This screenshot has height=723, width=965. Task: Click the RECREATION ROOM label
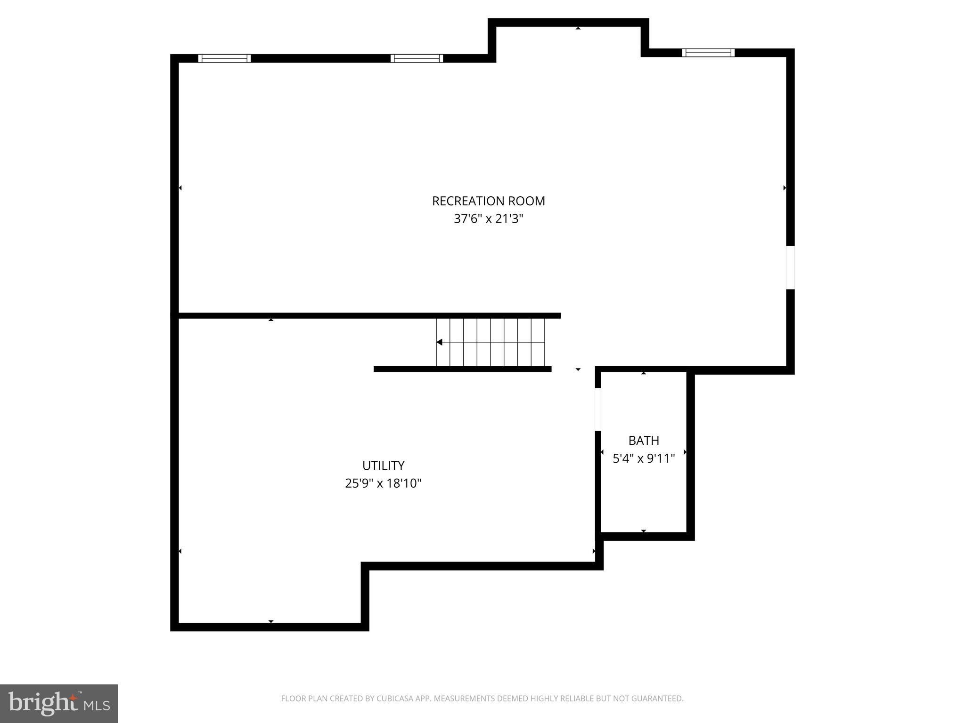[x=488, y=201]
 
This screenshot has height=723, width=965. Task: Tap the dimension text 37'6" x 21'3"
[x=488, y=219]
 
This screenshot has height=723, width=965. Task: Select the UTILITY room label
[x=383, y=466]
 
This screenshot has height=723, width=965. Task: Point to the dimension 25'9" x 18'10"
[x=383, y=483]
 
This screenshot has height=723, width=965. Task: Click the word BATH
[x=644, y=441]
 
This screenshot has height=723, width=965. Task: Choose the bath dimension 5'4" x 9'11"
[x=644, y=458]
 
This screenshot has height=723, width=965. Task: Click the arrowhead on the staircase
[x=439, y=342]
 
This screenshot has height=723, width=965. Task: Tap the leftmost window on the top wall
[x=224, y=58]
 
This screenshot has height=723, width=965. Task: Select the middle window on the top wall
[x=417, y=58]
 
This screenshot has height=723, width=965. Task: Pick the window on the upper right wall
[x=708, y=53]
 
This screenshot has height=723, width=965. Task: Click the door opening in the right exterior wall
[x=790, y=267]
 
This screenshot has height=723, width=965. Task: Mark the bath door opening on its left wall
[x=597, y=409]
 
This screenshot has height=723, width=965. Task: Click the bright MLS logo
[x=59, y=703]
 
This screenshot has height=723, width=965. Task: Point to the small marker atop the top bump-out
[x=578, y=29]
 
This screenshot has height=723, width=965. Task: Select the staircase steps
[x=490, y=342]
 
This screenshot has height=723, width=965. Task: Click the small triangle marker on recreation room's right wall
[x=785, y=188]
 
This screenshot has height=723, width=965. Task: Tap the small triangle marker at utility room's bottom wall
[x=271, y=621]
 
